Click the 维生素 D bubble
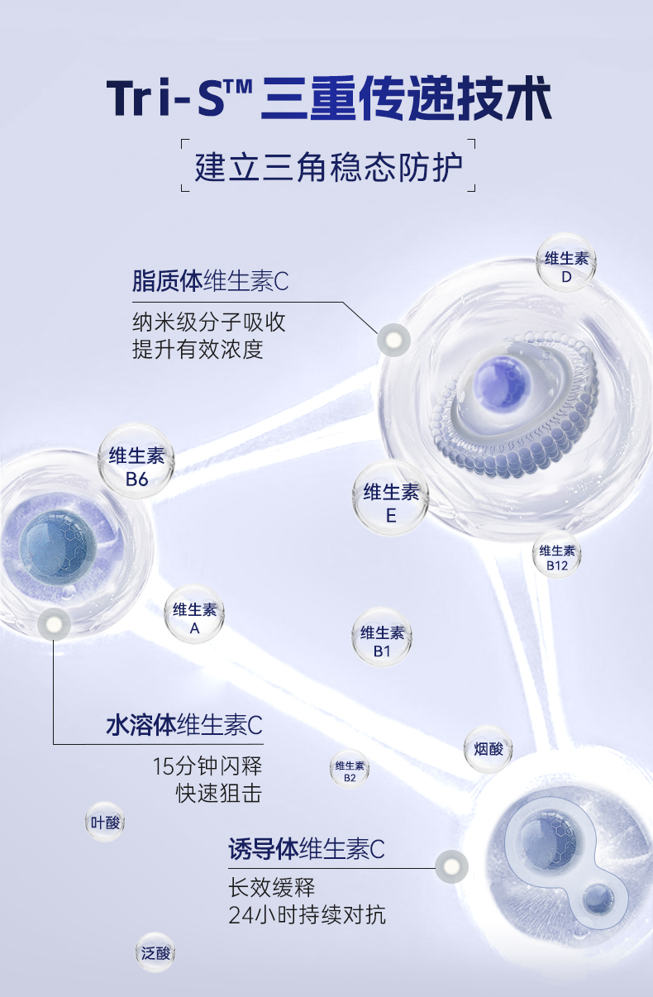point(566,266)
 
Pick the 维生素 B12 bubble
point(557,557)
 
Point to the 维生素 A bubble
point(194,618)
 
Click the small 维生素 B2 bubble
point(350,770)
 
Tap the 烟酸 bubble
point(489,749)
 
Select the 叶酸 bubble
point(105,822)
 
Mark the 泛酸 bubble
point(155,953)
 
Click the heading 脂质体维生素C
point(210,281)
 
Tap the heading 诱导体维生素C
point(307,848)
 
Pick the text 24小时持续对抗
point(307,915)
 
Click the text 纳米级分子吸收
point(209,321)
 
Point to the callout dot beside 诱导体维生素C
point(451,866)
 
